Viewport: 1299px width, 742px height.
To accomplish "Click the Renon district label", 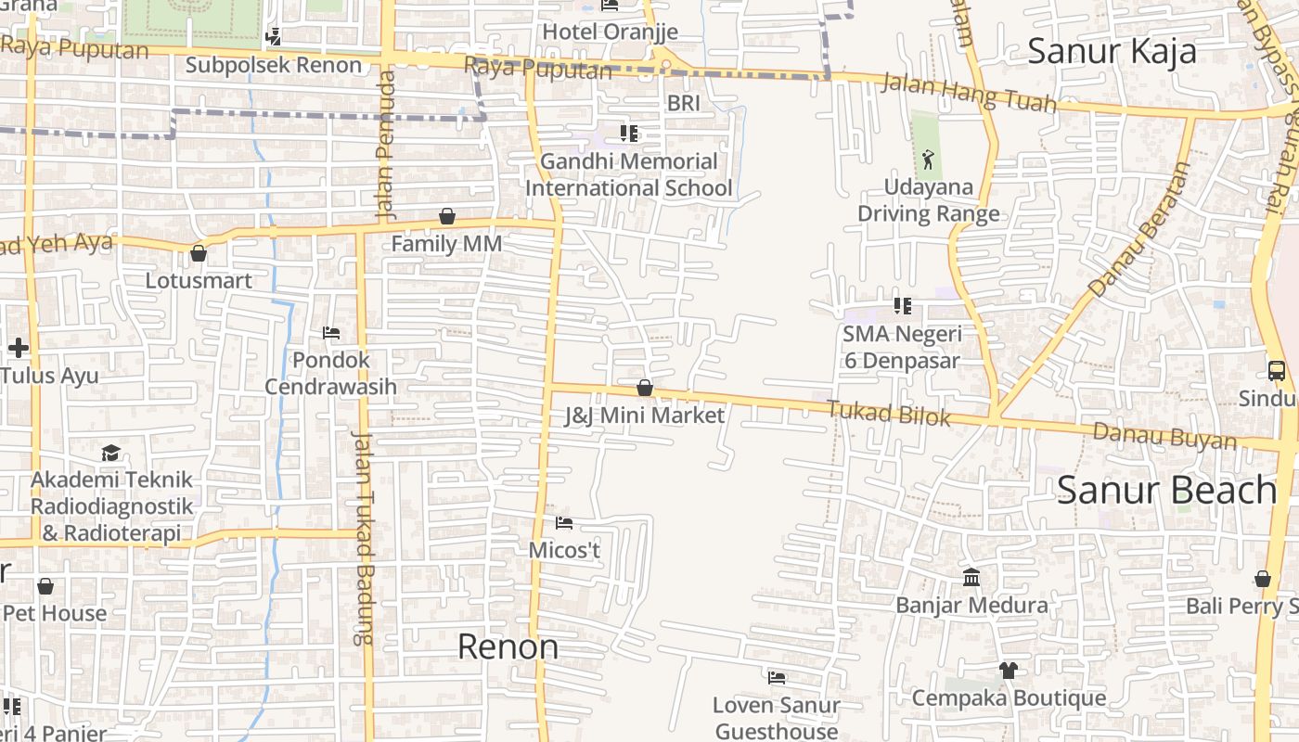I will pyautogui.click(x=508, y=646).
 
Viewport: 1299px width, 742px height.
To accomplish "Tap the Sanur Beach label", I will pyautogui.click(x=1167, y=490).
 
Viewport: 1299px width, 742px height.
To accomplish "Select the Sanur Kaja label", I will pyautogui.click(x=1112, y=51).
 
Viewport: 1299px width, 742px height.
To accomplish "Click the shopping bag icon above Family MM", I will pyautogui.click(x=447, y=216).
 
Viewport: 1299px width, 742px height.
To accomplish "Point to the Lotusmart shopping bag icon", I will pyautogui.click(x=198, y=252).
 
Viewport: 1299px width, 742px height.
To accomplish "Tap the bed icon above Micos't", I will pyautogui.click(x=563, y=523).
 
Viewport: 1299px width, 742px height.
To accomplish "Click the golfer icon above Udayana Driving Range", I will pyautogui.click(x=928, y=160).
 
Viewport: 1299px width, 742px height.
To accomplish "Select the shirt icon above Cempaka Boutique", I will pyautogui.click(x=1009, y=670).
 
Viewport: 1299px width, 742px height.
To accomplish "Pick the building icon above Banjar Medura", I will pyautogui.click(x=971, y=578).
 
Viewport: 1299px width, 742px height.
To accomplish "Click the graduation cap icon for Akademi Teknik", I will pyautogui.click(x=111, y=453).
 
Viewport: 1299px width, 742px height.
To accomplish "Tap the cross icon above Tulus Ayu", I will pyautogui.click(x=18, y=348).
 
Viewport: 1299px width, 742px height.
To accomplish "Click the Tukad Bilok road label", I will pyautogui.click(x=888, y=414).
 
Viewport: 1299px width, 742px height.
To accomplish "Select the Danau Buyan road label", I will pyautogui.click(x=1164, y=436).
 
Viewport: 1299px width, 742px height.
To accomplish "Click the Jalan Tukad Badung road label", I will pyautogui.click(x=362, y=538).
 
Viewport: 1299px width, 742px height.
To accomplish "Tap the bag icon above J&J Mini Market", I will pyautogui.click(x=644, y=388).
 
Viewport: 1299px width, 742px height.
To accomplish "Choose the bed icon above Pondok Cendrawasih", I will pyautogui.click(x=330, y=333).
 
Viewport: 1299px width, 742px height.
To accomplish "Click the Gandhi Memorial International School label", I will pyautogui.click(x=629, y=174).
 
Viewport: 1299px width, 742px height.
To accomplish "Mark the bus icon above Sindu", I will pyautogui.click(x=1277, y=371).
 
